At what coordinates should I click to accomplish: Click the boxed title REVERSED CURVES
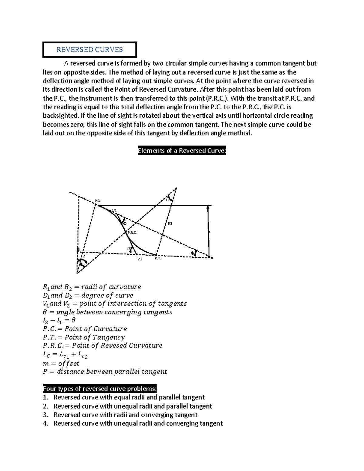tap(89, 50)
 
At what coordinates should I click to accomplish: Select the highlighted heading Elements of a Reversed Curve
tap(182, 151)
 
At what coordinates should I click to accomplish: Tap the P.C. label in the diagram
tap(97, 201)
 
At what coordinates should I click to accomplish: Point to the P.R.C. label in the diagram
tap(133, 233)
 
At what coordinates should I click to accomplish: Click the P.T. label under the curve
tap(158, 258)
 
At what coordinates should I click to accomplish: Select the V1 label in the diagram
tap(114, 210)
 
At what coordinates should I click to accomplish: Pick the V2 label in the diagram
tap(140, 259)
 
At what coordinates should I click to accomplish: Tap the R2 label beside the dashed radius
tap(170, 224)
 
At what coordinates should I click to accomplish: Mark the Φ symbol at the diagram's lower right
tap(192, 253)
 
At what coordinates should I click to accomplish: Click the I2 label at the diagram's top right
tap(168, 200)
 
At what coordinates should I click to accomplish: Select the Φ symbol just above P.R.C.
tap(124, 223)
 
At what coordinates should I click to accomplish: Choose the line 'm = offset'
tap(61, 363)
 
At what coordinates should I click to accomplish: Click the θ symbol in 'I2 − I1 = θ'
tap(73, 320)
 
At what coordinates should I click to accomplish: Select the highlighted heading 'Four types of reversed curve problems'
tap(100, 389)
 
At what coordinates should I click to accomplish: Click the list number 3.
tap(45, 415)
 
